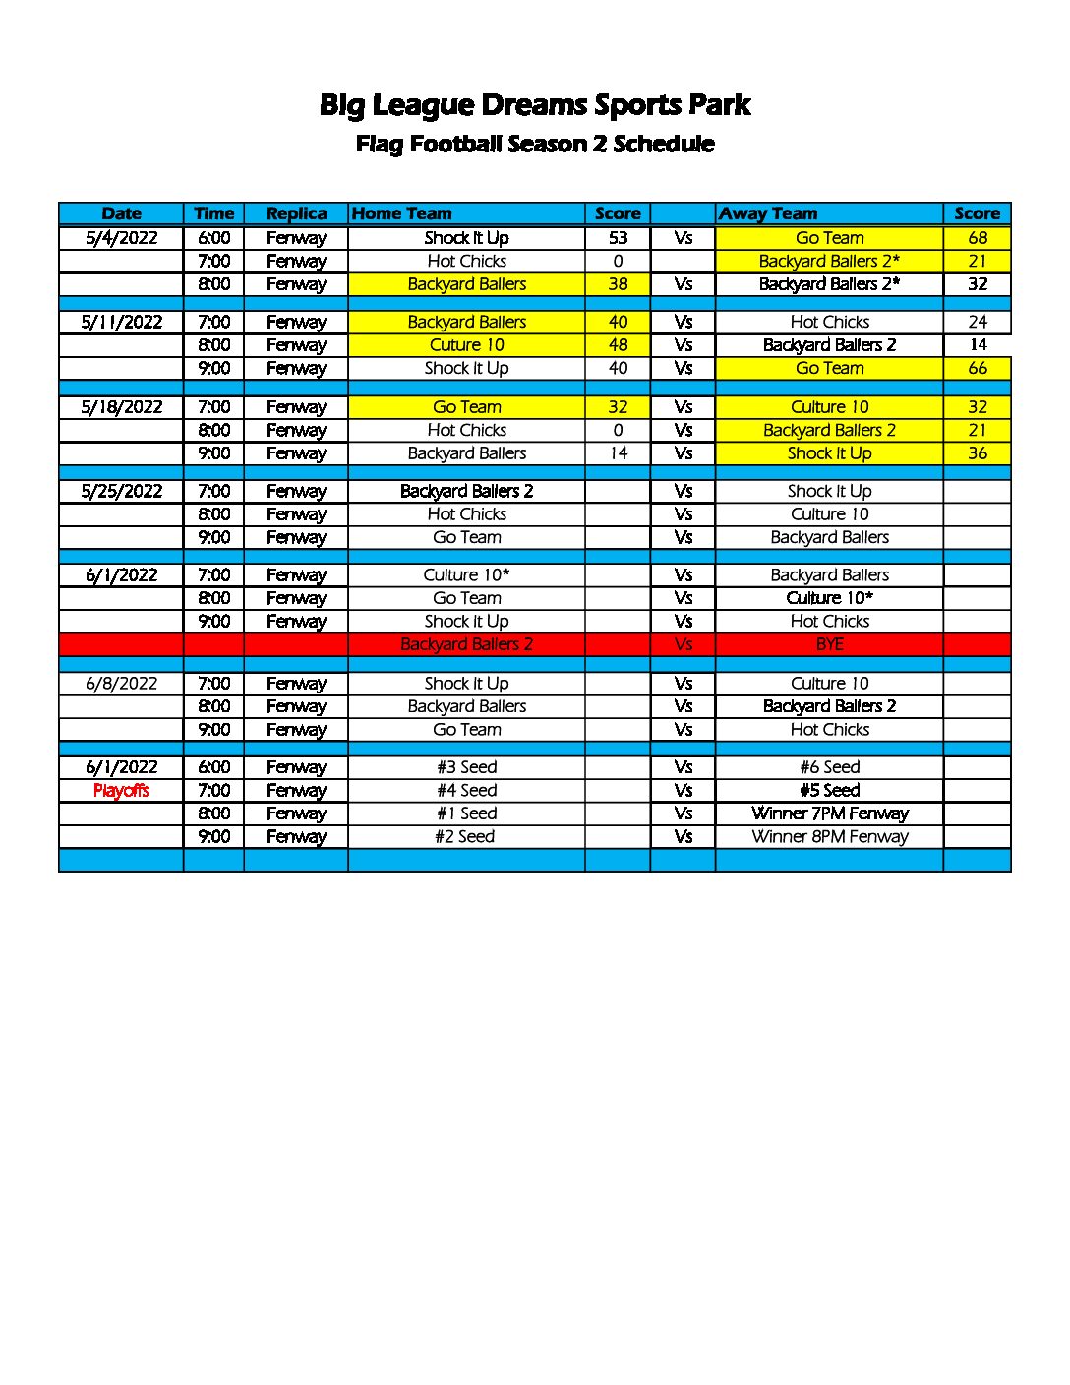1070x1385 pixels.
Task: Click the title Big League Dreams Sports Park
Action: (x=535, y=105)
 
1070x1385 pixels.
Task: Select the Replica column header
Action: (x=296, y=213)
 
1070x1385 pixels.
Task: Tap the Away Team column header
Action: (x=768, y=213)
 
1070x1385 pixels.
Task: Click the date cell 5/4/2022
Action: (x=121, y=237)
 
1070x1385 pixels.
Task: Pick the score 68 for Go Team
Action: (x=977, y=237)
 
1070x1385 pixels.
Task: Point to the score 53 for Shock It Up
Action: (x=618, y=237)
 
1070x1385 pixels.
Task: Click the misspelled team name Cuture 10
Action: (x=466, y=345)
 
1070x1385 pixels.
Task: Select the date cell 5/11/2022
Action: (x=121, y=322)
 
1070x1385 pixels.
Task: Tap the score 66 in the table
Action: (x=977, y=368)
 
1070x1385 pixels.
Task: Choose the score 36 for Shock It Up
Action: (x=977, y=453)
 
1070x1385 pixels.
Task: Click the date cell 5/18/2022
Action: (x=121, y=407)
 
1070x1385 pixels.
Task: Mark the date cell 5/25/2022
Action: (x=121, y=491)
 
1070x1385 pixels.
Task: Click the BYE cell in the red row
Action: (x=829, y=644)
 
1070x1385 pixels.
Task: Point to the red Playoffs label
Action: (x=121, y=791)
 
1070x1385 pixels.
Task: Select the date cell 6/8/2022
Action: (x=121, y=684)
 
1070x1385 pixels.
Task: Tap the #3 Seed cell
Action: (x=466, y=767)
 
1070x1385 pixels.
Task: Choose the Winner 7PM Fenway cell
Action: (x=829, y=813)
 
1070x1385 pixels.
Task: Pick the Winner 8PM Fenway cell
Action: (x=829, y=837)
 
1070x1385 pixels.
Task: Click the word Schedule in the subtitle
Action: (x=664, y=144)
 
